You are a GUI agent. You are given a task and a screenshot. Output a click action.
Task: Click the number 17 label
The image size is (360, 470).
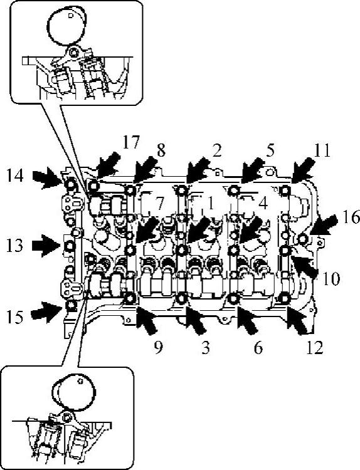click(131, 142)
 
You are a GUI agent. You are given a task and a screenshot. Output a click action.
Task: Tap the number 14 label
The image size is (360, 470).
click(15, 175)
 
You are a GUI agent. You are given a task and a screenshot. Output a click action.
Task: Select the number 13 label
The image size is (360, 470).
click(14, 245)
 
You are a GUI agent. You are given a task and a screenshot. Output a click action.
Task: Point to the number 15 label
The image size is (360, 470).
click(14, 317)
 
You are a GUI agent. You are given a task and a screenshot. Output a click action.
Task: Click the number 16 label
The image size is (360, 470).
click(351, 217)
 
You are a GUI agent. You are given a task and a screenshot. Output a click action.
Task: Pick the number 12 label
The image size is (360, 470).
click(315, 348)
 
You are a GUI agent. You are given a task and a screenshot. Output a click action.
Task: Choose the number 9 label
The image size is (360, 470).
click(158, 348)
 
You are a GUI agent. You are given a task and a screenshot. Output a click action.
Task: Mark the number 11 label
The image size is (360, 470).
click(322, 150)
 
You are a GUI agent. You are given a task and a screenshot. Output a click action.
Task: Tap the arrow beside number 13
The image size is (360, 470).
click(46, 246)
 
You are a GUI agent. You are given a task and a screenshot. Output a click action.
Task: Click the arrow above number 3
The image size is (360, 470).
click(196, 320)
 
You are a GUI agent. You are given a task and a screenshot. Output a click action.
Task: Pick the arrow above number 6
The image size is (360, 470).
click(247, 320)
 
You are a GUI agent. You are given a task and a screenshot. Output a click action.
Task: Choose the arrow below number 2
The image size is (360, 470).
click(198, 170)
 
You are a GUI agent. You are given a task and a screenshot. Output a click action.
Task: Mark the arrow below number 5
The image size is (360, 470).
click(253, 170)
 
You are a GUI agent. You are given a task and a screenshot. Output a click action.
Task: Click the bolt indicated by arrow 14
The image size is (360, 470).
click(71, 184)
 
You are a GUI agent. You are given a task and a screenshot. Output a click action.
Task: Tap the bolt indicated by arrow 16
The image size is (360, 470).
click(303, 239)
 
